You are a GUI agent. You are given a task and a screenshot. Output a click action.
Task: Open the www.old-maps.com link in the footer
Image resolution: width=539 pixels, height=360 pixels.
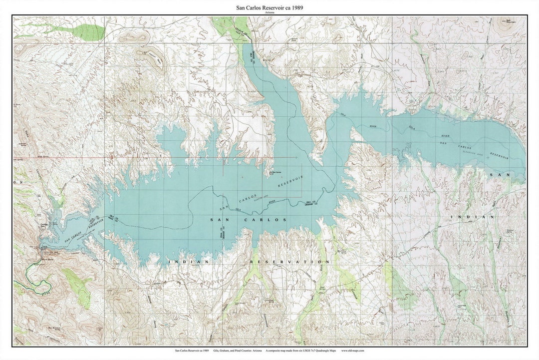[x=353, y=351]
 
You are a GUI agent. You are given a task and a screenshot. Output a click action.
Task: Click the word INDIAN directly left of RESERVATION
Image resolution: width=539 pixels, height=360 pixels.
[x=182, y=262]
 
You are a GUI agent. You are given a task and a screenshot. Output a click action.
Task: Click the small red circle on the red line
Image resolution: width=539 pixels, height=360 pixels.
[x=112, y=157]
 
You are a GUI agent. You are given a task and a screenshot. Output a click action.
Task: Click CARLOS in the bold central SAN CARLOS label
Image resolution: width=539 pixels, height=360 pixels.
[x=269, y=220]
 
